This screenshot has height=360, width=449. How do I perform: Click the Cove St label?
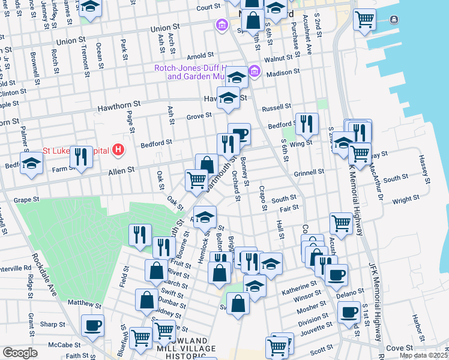(400, 347)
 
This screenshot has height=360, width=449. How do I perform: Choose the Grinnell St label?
(309, 172)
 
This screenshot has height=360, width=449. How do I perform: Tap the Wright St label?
(406, 199)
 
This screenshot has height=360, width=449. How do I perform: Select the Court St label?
(208, 7)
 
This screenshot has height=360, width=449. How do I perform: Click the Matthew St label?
(85, 304)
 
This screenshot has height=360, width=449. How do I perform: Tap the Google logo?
(20, 352)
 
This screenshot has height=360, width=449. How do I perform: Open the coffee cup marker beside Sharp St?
(92, 325)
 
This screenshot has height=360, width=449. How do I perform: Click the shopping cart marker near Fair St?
(341, 223)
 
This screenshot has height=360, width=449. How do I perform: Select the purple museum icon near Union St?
(222, 25)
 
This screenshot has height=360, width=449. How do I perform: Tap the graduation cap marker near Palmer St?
(31, 163)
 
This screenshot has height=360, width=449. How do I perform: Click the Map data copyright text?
(423, 355)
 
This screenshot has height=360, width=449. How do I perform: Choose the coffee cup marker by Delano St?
(336, 275)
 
